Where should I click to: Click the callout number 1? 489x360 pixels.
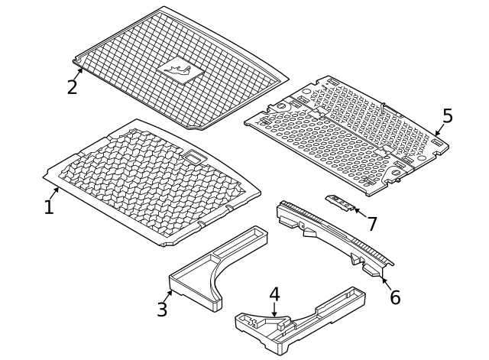[49, 207]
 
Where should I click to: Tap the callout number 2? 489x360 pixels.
[72, 86]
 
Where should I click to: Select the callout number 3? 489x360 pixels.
[162, 309]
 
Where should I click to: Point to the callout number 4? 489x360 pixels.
[274, 294]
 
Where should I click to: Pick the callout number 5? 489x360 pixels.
[447, 116]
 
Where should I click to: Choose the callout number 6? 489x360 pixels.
[394, 297]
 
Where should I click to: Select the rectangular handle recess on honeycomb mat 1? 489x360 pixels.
[196, 157]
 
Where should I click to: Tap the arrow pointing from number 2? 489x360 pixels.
[78, 73]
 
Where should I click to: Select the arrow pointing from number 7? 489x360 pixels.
[358, 211]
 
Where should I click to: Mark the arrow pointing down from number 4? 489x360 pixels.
[274, 309]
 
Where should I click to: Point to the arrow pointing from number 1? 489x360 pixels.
[56, 191]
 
